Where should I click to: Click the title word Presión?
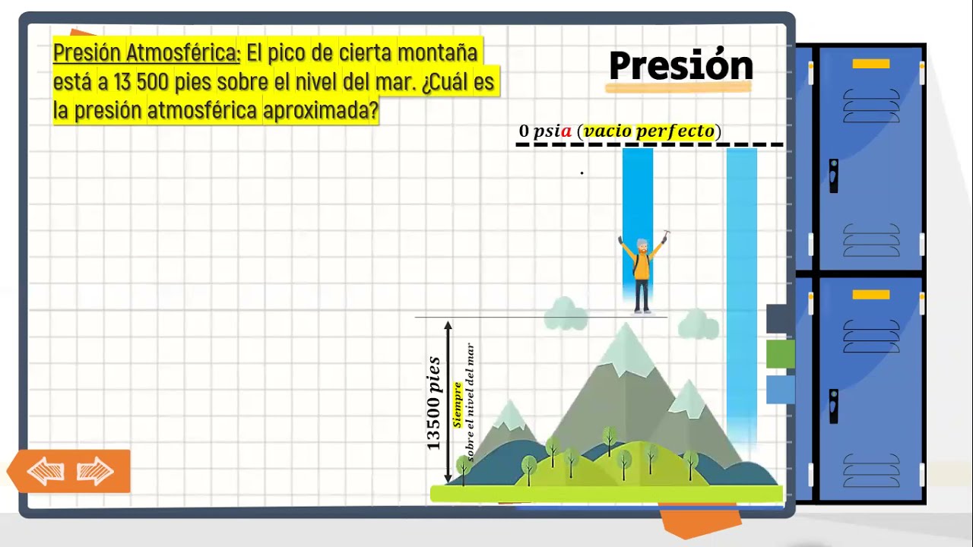point(680,67)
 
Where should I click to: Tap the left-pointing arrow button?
point(45,472)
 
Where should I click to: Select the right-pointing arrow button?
point(96,472)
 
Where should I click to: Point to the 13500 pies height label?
point(433,403)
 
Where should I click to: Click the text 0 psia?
point(545,131)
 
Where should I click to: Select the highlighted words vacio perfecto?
point(649,131)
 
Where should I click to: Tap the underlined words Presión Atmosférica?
point(147,53)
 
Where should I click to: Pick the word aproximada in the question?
point(320,111)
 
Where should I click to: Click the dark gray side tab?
point(780,318)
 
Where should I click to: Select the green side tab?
point(780,354)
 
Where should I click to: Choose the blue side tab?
point(780,389)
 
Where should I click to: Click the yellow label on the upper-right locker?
point(871,64)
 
